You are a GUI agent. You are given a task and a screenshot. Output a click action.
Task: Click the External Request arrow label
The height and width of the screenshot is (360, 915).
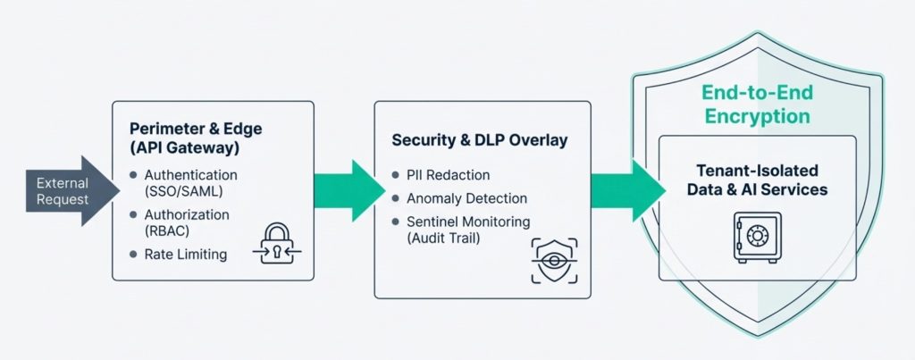point(63,190)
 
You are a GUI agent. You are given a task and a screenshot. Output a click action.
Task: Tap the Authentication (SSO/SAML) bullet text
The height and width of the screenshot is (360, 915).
point(190,183)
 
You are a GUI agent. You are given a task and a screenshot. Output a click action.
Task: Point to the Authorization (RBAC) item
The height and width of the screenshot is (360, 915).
point(187,222)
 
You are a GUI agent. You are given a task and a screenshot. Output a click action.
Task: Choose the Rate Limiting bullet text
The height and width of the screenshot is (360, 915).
point(185,255)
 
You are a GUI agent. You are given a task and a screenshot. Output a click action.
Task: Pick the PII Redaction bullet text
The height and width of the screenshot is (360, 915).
point(448,175)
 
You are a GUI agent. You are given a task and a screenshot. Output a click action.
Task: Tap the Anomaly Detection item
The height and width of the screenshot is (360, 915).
point(466,198)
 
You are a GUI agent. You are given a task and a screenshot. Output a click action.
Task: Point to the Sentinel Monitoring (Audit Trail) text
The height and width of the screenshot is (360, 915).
point(468,229)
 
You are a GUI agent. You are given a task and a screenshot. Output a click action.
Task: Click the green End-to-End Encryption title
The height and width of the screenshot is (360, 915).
point(756,105)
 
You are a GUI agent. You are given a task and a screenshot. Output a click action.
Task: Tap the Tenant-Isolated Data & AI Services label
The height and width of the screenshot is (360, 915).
point(757,180)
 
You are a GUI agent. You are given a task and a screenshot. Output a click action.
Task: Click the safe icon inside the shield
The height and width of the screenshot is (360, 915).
point(756,237)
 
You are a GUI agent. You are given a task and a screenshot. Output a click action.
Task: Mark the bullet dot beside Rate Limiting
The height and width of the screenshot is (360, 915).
point(133,255)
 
